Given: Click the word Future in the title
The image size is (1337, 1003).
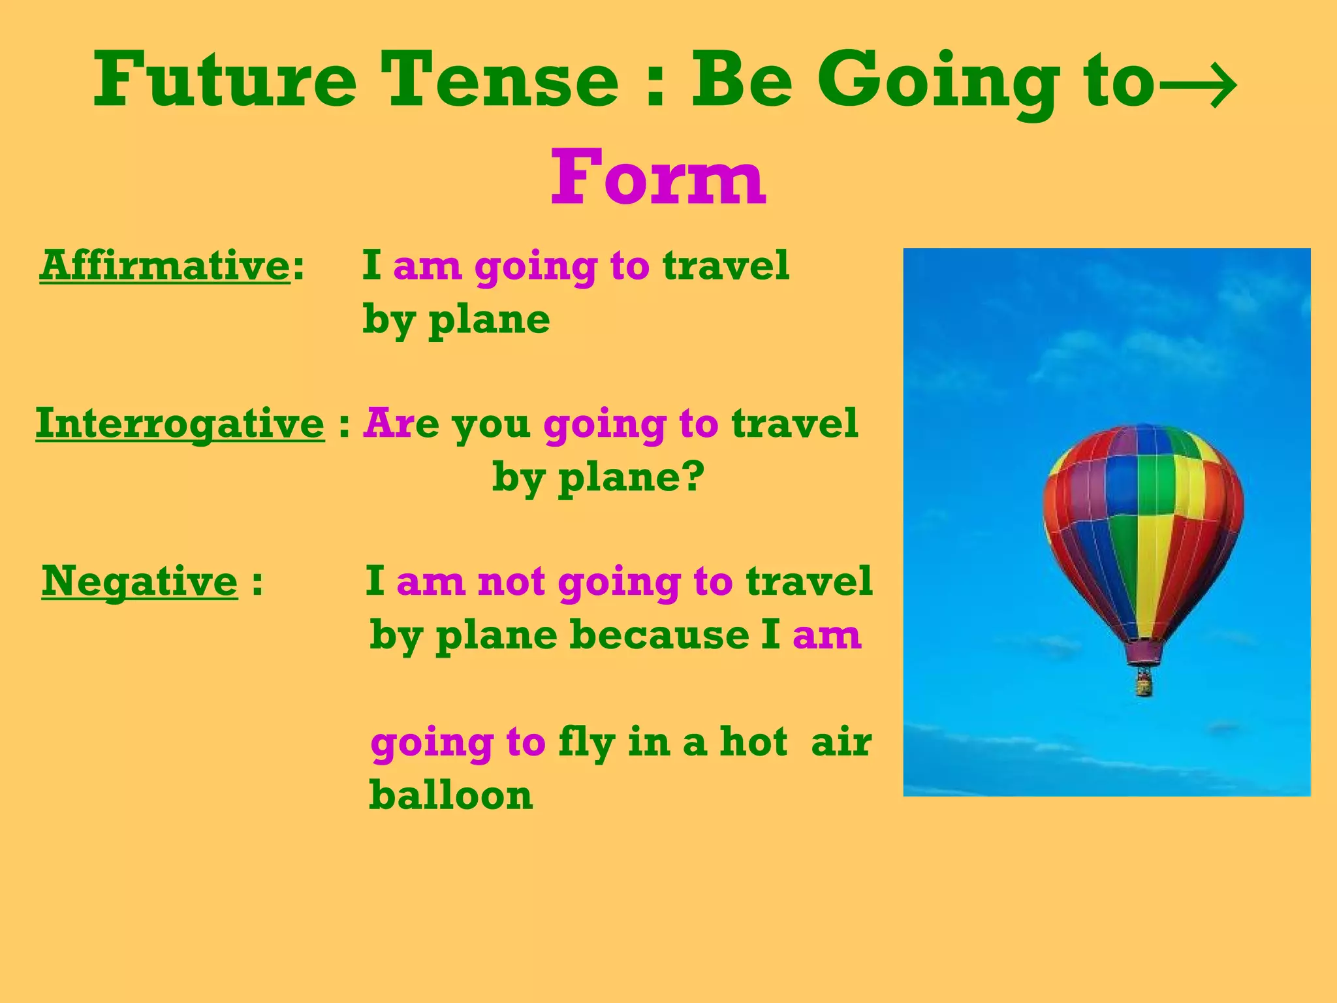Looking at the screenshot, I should tap(225, 80).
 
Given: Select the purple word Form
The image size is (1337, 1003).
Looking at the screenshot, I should tap(658, 178).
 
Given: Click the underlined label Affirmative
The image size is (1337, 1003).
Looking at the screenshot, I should tap(165, 266).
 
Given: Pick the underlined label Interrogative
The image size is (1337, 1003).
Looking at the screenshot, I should tap(180, 424).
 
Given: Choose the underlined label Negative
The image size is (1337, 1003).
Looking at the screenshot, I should tap(140, 581).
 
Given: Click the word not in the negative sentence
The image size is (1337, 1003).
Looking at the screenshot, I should tap(511, 581).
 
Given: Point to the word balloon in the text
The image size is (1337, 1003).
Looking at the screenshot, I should tap(450, 795).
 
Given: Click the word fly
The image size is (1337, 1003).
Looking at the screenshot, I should tap(586, 743).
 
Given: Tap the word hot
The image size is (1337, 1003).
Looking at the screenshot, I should tap(753, 742).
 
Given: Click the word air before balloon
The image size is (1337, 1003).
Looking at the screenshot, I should tap(841, 743).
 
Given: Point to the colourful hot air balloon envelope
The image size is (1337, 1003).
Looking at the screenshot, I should tap(1142, 522).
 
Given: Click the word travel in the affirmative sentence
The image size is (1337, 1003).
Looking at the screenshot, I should tap(725, 266).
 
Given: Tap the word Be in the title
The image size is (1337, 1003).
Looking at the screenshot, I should tap(742, 80).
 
